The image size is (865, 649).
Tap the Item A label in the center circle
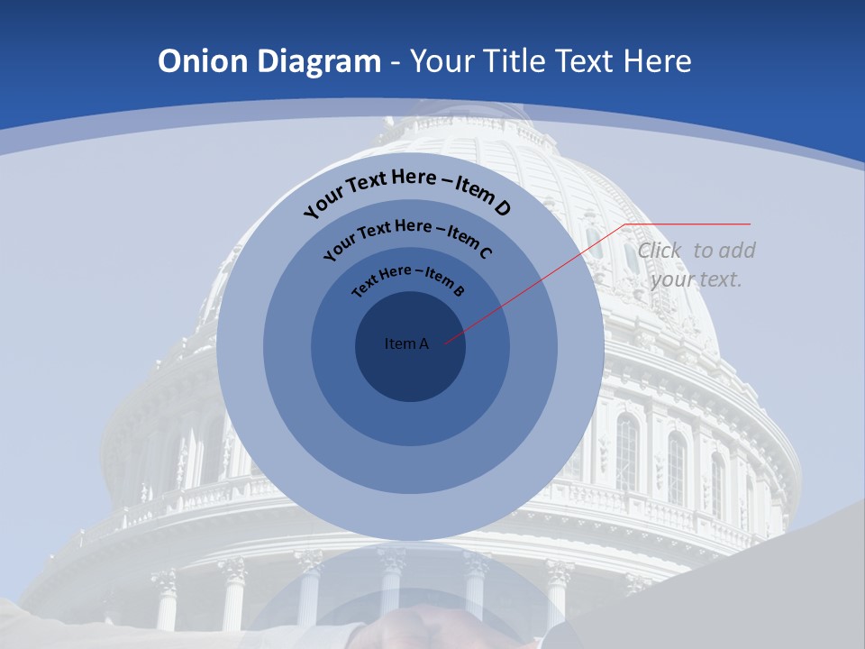pyautogui.click(x=406, y=343)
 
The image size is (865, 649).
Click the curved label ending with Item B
pyautogui.click(x=408, y=279)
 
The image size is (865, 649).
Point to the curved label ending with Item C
pyautogui.click(x=407, y=236)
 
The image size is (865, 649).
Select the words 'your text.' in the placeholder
pyautogui.click(x=696, y=279)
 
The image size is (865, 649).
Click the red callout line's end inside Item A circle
pyautogui.click(x=445, y=343)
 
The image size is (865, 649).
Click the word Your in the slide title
pyautogui.click(x=443, y=61)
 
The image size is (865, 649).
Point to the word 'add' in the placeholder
pyautogui.click(x=737, y=251)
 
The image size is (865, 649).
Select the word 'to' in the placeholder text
pyautogui.click(x=704, y=251)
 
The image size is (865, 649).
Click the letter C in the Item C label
pyautogui.click(x=485, y=252)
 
